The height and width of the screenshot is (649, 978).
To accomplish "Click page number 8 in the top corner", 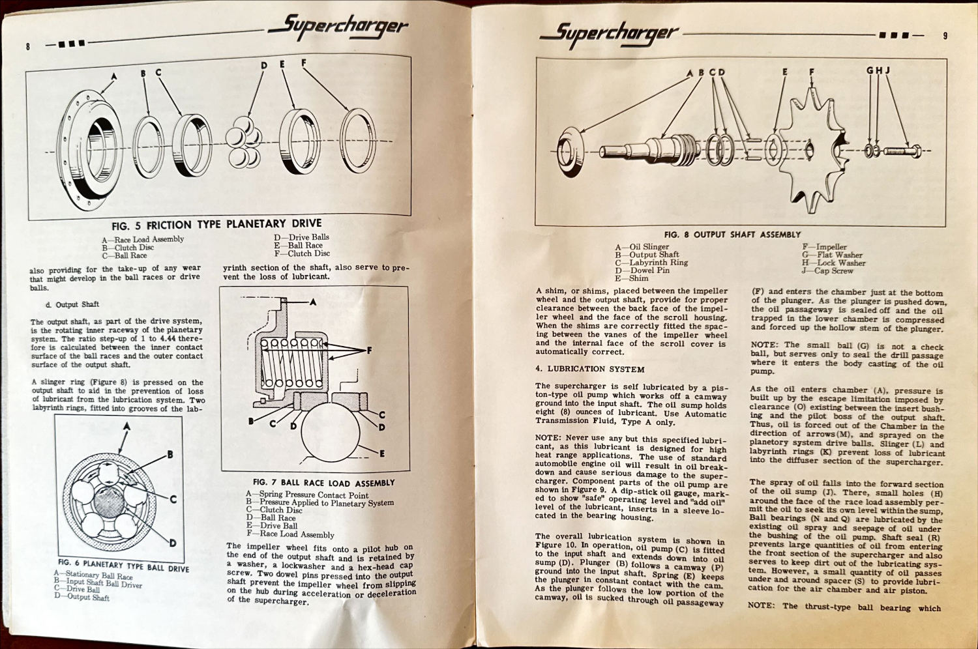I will point(28,46).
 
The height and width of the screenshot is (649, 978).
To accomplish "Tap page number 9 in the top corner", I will point(945,36).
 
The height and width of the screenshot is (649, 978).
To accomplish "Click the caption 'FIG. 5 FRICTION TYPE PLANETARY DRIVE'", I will point(216,225).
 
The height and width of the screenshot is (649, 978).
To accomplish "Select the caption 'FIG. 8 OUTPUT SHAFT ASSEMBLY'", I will point(732,235).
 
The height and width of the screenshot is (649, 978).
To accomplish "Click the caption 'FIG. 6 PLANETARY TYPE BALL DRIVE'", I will point(123,564).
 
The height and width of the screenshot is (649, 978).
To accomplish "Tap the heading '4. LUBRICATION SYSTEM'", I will point(589,369).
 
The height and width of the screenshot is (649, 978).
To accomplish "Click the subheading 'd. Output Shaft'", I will point(72,304).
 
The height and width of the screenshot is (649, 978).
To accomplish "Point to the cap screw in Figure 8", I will point(901,151).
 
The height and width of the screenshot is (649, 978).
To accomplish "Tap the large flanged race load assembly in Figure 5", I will point(91,147).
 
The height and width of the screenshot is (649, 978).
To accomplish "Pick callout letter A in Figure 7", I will point(313,302).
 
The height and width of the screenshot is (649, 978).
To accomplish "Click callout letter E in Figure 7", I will point(381,454).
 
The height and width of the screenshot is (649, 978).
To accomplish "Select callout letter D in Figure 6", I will point(173,543).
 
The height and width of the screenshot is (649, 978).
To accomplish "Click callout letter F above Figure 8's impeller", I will point(812,72).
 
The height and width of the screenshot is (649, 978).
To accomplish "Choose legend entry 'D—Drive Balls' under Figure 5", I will point(301,237).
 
